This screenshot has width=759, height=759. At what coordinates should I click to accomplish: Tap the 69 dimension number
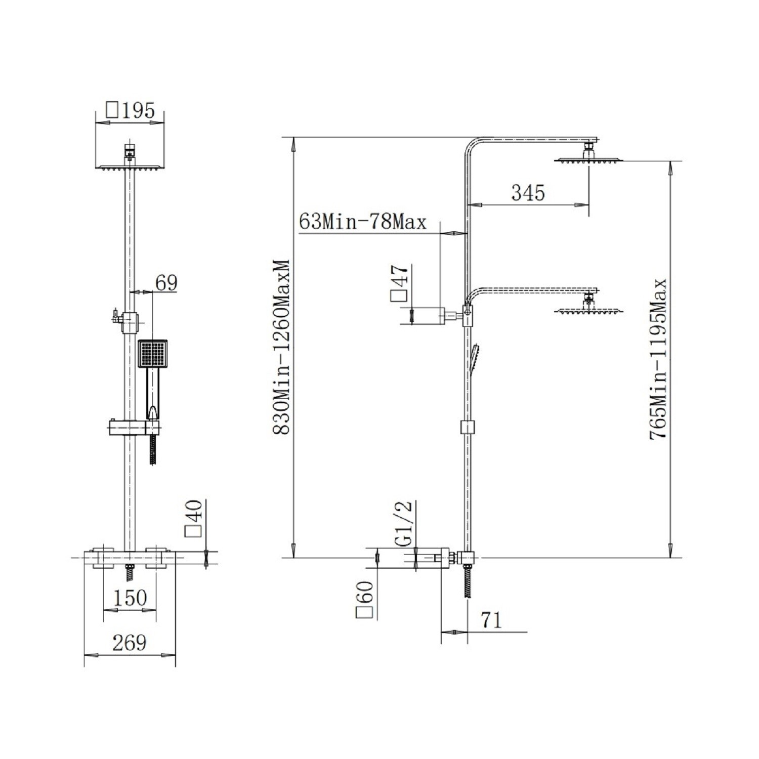coord(166,283)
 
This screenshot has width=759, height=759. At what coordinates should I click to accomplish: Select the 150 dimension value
coord(130,598)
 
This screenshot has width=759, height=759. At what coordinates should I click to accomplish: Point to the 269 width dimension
coord(130,643)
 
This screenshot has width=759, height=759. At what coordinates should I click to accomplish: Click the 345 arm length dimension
coord(528,193)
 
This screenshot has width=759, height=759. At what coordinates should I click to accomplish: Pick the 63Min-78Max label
coord(363,222)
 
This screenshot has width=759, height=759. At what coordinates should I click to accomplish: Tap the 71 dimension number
coord(490,620)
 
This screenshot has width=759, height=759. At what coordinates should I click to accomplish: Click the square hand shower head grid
coord(152,353)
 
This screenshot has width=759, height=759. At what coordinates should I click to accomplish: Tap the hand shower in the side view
coord(475,360)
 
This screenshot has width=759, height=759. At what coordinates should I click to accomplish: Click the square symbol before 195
coord(112,110)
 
